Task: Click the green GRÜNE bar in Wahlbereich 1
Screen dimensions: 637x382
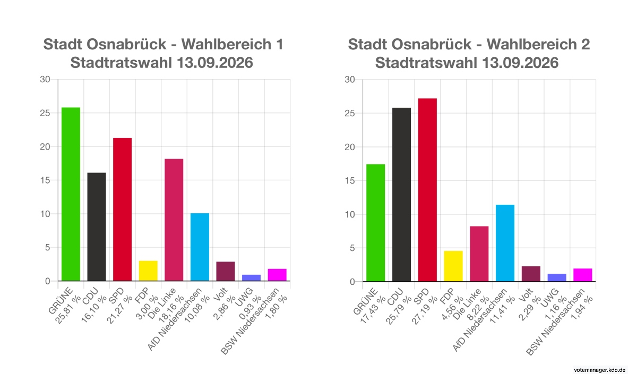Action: (x=71, y=194)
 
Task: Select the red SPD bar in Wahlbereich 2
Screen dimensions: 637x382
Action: (x=427, y=190)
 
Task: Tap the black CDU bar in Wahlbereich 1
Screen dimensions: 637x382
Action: (x=97, y=227)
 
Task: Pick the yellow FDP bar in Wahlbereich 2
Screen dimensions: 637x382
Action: (x=453, y=266)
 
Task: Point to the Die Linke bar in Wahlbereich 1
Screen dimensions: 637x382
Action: (x=174, y=220)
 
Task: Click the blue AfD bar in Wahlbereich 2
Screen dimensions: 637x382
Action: (x=505, y=243)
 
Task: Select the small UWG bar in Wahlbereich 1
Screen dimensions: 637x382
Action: (x=252, y=277)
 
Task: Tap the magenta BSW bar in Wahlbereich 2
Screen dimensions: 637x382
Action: (x=583, y=275)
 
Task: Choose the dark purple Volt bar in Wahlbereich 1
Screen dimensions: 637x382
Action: (x=226, y=271)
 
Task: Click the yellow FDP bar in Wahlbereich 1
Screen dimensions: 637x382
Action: (x=148, y=271)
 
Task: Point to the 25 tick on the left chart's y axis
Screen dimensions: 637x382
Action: (x=45, y=113)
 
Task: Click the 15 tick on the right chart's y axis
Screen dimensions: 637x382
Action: (x=350, y=181)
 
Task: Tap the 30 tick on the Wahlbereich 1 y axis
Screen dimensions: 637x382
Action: (x=45, y=79)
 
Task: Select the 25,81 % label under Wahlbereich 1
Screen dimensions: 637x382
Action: (x=68, y=310)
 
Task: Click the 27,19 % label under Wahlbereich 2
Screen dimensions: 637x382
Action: (x=425, y=310)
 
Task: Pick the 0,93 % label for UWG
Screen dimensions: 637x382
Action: (x=250, y=308)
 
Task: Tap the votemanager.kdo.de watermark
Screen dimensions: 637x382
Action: (x=600, y=370)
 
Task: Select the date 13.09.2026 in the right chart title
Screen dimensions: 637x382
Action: (x=520, y=63)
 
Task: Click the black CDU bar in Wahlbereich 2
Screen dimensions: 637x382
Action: (x=401, y=195)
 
